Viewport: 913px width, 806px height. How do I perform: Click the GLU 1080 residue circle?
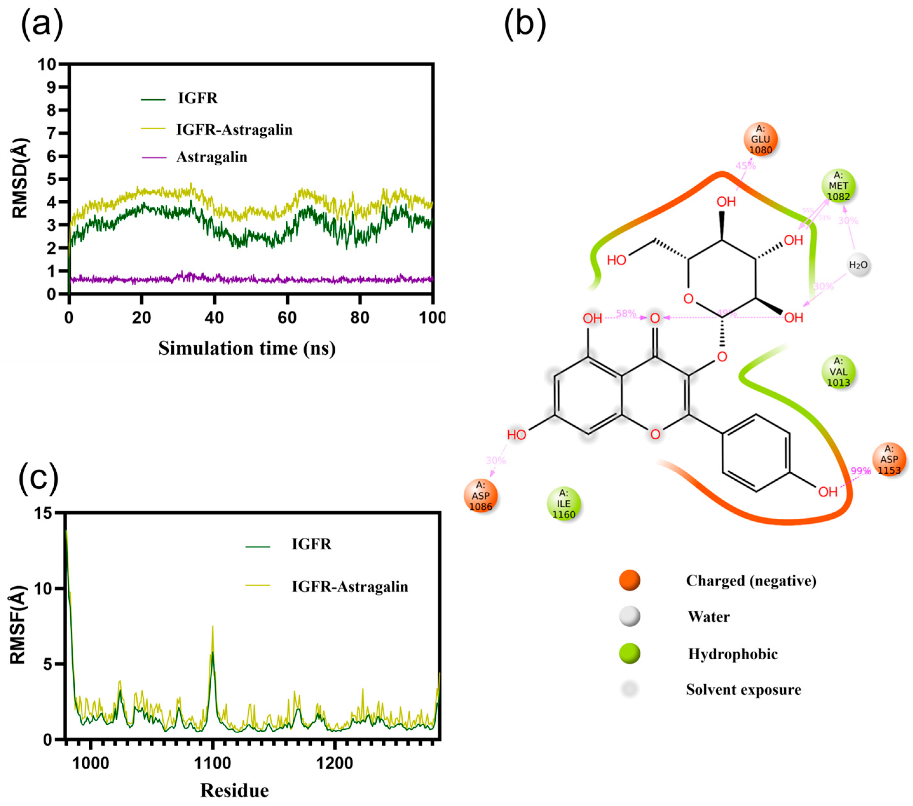[760, 139]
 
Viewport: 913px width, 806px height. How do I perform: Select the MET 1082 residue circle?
[838, 186]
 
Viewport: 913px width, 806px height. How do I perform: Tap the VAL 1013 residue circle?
[838, 371]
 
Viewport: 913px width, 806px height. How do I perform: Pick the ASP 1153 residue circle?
[889, 459]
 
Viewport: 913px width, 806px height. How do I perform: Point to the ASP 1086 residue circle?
[480, 496]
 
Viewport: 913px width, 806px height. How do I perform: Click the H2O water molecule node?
[858, 265]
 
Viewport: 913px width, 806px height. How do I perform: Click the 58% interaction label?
[626, 314]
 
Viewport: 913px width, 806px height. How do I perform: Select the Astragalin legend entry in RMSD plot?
[212, 157]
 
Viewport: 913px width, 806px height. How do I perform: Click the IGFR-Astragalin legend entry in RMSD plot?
[234, 130]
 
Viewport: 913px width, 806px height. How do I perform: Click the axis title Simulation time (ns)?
[247, 349]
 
